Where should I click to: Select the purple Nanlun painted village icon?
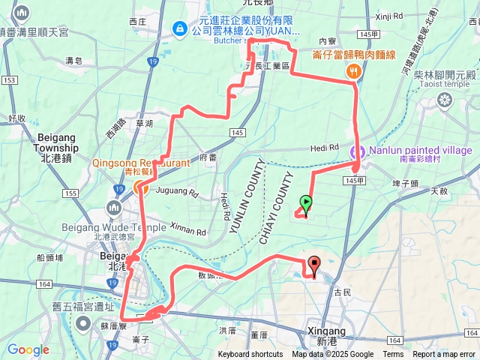358,151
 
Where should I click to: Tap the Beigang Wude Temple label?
151,227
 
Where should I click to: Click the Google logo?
28,349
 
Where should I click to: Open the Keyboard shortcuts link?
250,355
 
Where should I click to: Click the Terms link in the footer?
393,355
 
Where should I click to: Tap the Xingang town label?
326,331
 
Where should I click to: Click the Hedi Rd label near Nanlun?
324,147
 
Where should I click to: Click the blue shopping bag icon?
179,29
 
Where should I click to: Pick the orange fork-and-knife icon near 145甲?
353,70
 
